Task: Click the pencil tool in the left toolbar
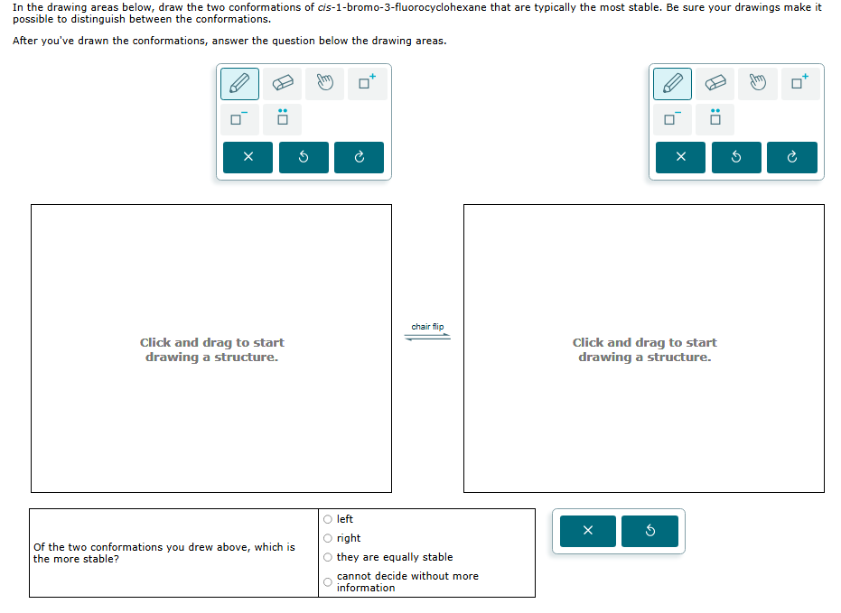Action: click(239, 84)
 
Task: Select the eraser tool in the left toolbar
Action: click(283, 84)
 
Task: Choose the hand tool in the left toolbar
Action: click(325, 84)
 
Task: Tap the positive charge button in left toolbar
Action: click(368, 84)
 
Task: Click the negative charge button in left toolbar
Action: click(239, 118)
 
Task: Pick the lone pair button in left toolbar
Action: click(283, 118)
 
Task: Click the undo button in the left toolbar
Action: click(304, 157)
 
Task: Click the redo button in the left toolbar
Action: click(359, 157)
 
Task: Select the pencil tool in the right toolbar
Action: click(672, 84)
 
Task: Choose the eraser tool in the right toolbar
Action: click(715, 84)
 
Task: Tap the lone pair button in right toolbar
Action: click(715, 118)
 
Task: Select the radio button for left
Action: click(328, 519)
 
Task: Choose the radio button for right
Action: click(328, 538)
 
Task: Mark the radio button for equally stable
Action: click(328, 557)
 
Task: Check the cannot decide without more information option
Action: click(328, 582)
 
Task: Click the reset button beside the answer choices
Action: click(649, 531)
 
